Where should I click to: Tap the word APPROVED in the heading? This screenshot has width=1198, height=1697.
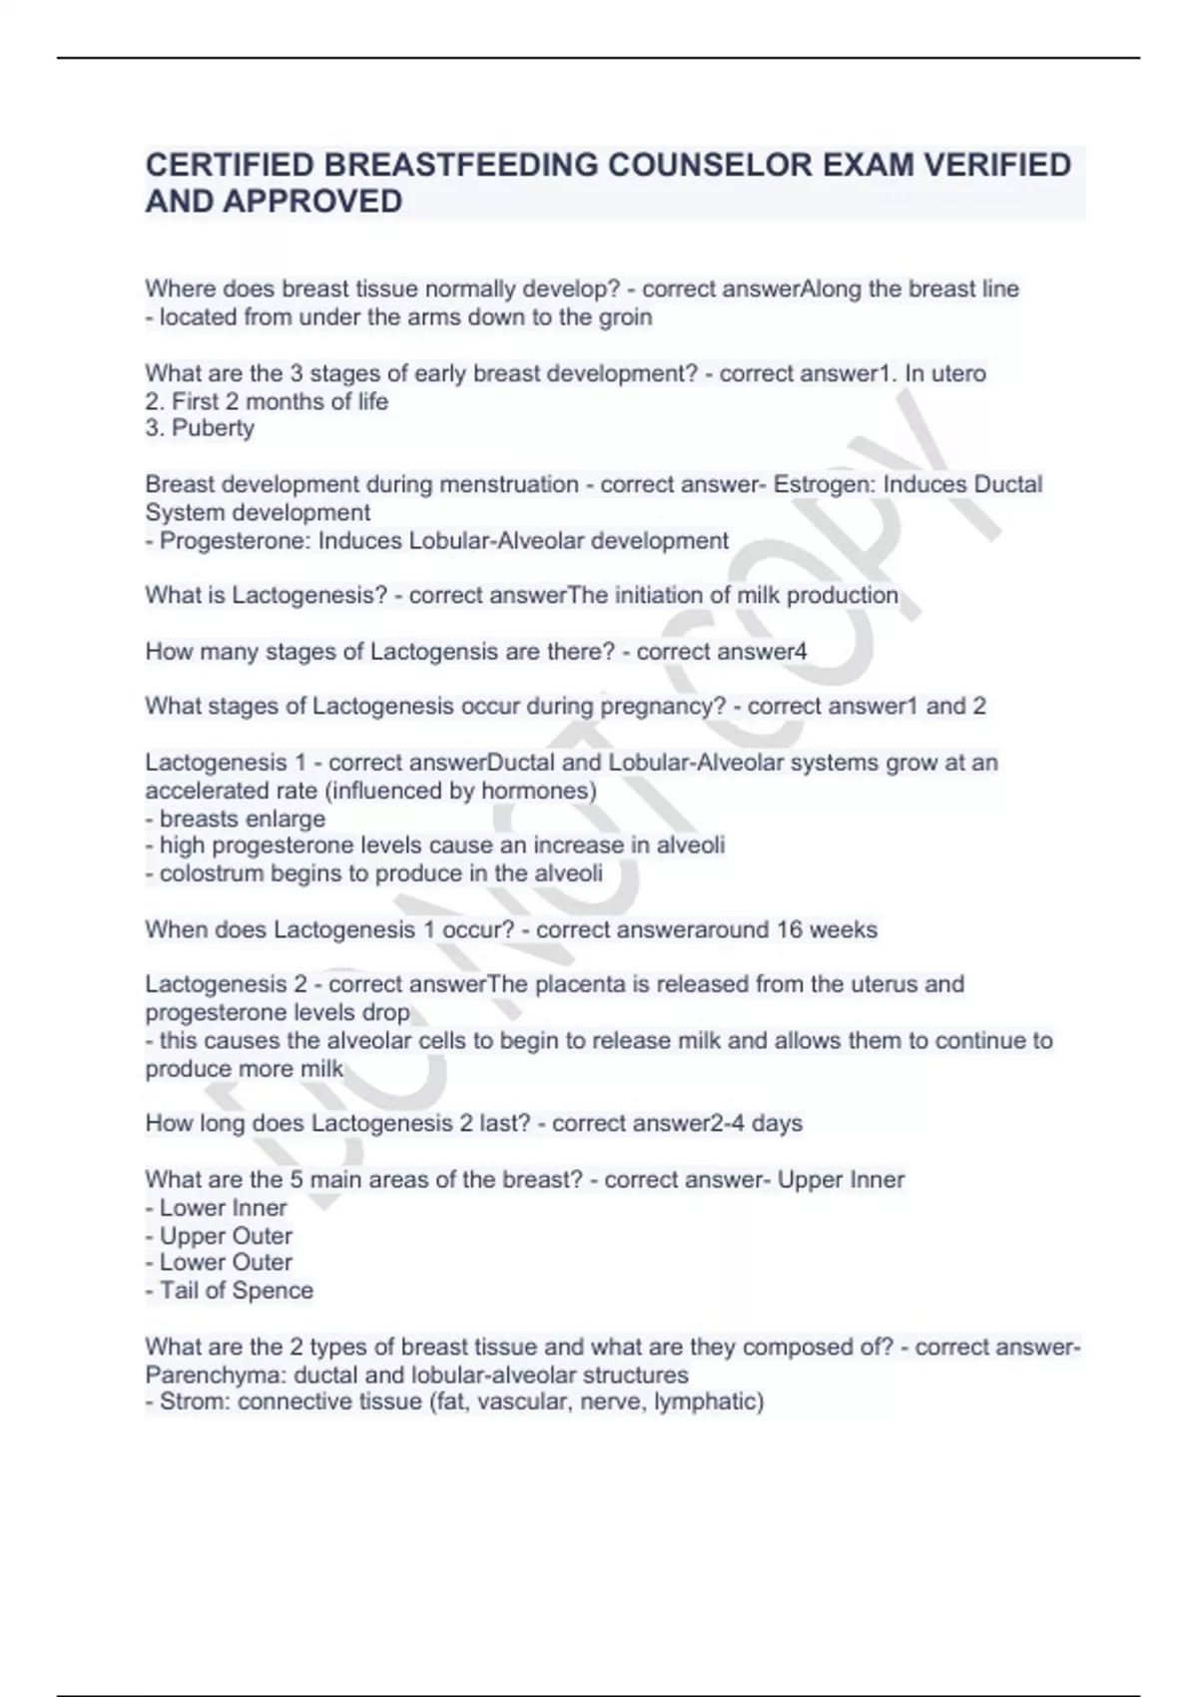point(313,202)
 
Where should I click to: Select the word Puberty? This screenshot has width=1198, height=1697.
point(213,428)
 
